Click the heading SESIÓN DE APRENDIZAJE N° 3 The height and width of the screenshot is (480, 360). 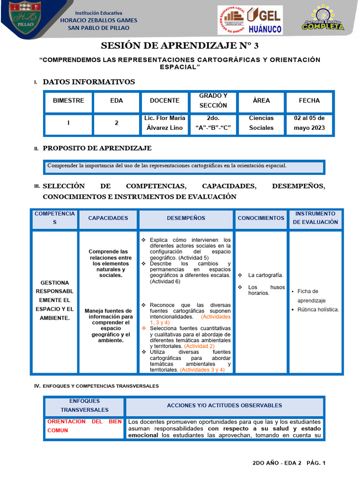[180, 45]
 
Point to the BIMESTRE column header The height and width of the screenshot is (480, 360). [68, 101]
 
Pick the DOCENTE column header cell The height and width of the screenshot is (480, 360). [165, 101]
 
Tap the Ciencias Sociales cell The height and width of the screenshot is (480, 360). [261, 123]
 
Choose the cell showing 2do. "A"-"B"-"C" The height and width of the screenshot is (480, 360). [213, 123]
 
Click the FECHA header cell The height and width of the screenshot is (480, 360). [309, 101]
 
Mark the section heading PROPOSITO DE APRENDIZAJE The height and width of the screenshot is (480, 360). [97, 148]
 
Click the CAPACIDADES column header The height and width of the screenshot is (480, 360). [108, 218]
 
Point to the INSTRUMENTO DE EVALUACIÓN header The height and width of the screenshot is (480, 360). [315, 218]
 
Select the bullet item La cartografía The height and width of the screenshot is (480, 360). [265, 275]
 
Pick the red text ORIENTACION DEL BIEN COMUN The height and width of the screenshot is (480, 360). [84, 426]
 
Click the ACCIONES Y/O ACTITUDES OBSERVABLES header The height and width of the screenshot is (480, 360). [224, 405]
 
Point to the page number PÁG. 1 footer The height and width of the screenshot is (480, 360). [315, 463]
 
